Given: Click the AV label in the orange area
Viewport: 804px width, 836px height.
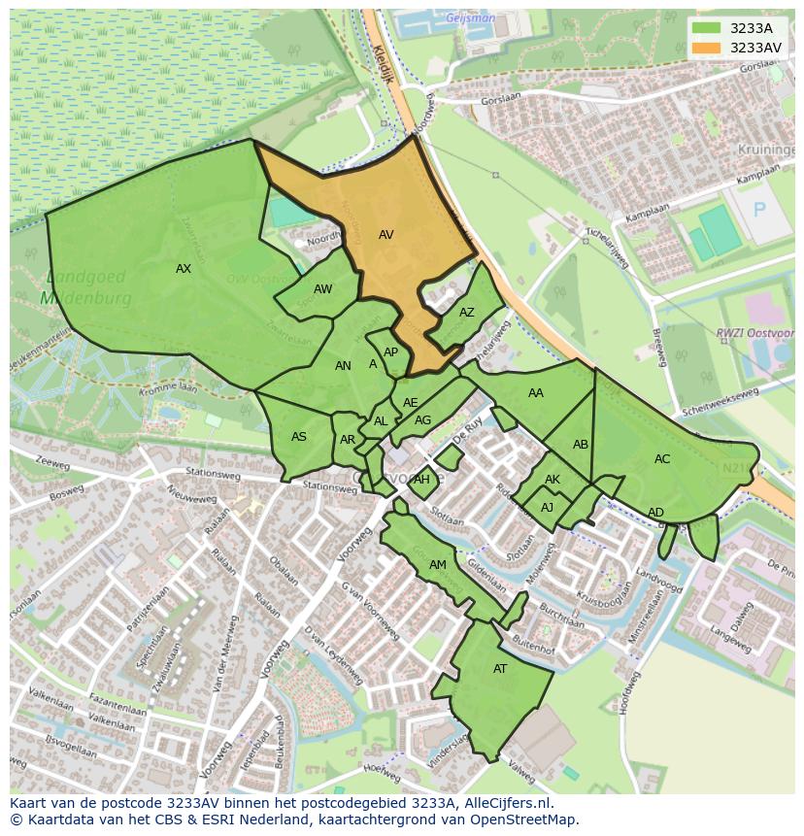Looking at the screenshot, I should point(385,235).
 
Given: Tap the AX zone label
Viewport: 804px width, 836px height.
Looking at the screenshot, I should point(184,269).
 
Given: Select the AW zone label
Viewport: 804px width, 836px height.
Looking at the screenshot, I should point(322,289).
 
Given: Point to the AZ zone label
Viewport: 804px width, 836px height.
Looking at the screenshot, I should point(467,313).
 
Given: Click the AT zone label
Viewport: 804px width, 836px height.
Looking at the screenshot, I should point(500,669).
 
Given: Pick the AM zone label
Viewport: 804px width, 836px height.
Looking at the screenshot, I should point(438,565).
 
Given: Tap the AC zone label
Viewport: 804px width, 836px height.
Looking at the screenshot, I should point(662,459).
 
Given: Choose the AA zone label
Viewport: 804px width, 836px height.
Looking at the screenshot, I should point(536,393).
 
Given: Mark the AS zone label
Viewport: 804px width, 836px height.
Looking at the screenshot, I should point(299,437).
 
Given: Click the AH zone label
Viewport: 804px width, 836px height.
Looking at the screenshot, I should point(421,480).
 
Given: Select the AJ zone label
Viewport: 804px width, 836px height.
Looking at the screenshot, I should point(548,508).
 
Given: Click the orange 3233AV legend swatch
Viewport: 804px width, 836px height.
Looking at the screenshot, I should point(707,48).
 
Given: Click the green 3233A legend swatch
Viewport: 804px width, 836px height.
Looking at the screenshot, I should point(707,28).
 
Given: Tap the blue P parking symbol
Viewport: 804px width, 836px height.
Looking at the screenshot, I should point(759,210).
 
